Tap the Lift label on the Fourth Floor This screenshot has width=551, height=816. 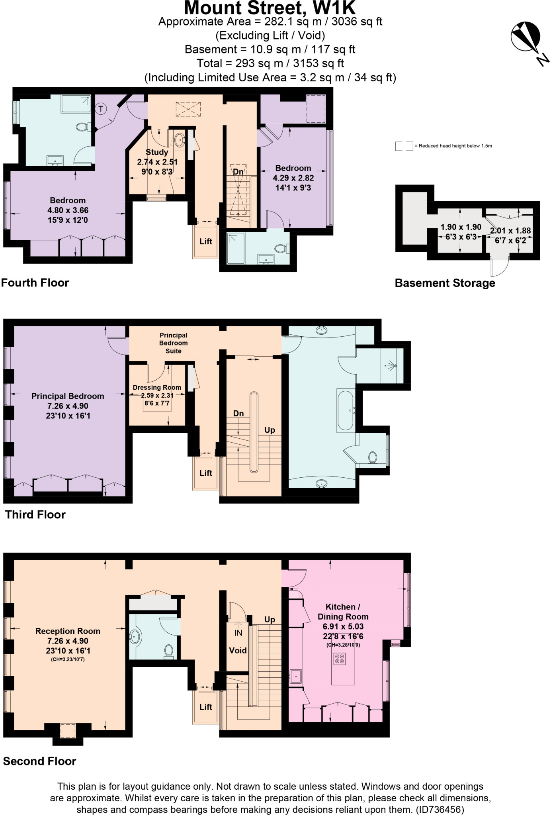(206, 241)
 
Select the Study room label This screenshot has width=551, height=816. (157, 152)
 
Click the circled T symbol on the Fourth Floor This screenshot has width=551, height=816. (101, 108)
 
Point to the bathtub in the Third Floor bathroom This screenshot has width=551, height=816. (345, 410)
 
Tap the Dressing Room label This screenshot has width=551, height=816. (157, 387)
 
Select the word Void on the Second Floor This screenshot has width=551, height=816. (238, 650)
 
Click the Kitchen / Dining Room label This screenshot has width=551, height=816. (343, 612)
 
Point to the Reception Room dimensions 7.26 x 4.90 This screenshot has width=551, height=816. (67, 641)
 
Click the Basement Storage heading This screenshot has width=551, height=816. (445, 283)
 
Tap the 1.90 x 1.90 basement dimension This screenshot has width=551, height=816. (461, 227)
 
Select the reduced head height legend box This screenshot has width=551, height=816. (404, 146)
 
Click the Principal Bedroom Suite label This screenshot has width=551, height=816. (173, 343)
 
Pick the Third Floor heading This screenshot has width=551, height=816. (35, 515)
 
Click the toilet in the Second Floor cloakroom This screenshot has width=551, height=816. (168, 651)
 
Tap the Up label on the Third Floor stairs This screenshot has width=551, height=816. (270, 430)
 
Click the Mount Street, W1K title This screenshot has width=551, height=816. (270, 8)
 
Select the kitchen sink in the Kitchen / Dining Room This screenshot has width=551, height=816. (295, 676)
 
